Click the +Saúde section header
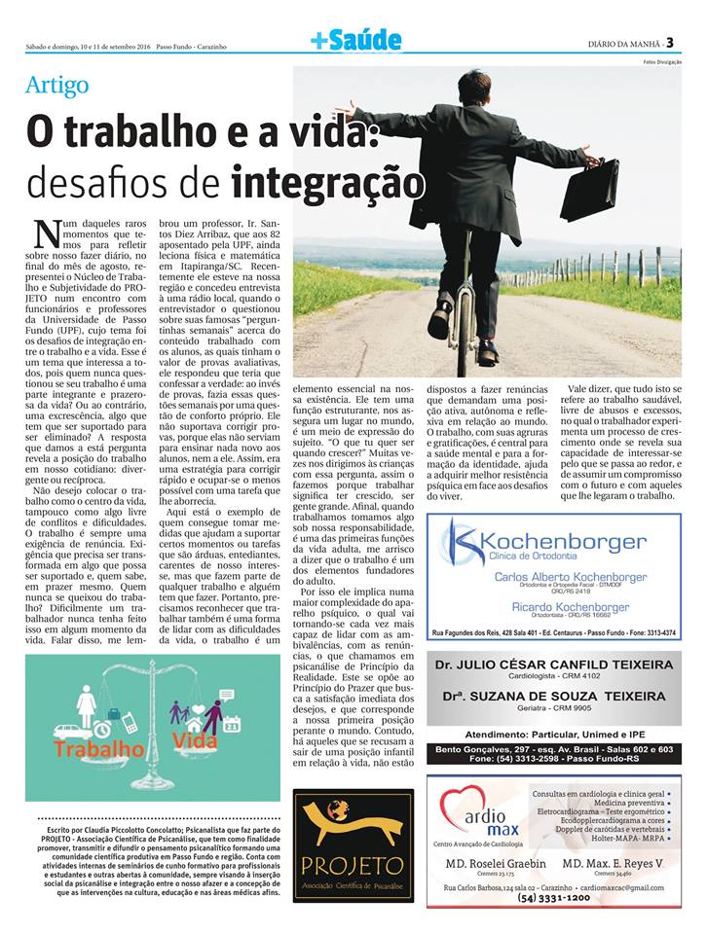[355, 40]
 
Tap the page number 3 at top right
[684, 41]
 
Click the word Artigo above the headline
[57, 85]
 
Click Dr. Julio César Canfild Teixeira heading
[554, 665]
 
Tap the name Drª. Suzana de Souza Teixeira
[554, 696]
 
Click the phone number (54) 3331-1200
[554, 898]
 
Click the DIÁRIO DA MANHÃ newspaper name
[627, 43]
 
